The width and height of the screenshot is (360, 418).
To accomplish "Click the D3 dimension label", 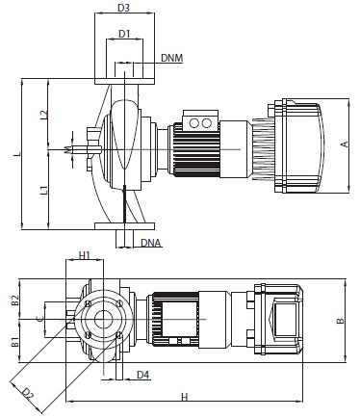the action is pyautogui.click(x=123, y=8).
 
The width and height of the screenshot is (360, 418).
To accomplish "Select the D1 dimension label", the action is pyautogui.click(x=124, y=34).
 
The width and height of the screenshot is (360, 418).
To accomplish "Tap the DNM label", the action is pyautogui.click(x=171, y=58).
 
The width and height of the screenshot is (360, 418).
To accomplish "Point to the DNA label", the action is pyautogui.click(x=150, y=243).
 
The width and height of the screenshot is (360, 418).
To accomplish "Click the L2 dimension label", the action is pyautogui.click(x=44, y=115).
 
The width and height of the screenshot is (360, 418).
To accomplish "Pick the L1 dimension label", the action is pyautogui.click(x=44, y=190).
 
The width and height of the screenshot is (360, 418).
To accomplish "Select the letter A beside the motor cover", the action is pyautogui.click(x=345, y=144).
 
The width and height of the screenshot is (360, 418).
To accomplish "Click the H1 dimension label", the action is pyautogui.click(x=85, y=255).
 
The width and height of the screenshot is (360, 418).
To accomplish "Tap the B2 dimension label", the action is pyautogui.click(x=15, y=300).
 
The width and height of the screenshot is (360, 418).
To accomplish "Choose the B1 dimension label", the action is pyautogui.click(x=15, y=342).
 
